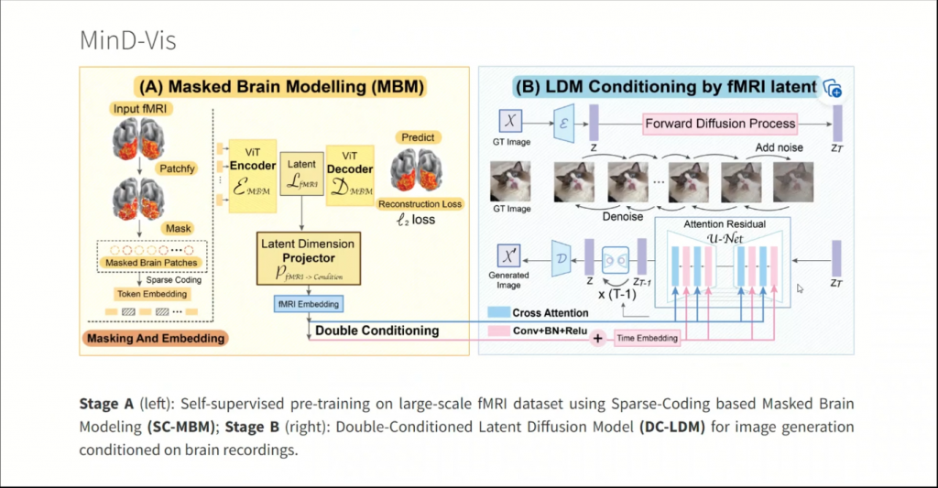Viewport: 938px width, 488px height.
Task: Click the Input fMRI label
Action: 139,110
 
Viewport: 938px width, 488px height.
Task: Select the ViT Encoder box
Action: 252,162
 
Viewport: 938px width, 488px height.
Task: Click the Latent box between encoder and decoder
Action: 301,173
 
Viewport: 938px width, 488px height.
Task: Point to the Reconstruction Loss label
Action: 421,203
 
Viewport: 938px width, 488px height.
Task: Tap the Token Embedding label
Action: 153,294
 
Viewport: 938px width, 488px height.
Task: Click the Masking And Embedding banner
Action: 156,338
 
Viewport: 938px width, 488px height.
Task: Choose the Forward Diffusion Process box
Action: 720,123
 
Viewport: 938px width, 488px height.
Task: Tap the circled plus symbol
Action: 599,338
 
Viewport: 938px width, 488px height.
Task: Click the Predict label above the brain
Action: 418,137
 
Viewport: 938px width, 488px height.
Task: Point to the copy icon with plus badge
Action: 832,88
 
